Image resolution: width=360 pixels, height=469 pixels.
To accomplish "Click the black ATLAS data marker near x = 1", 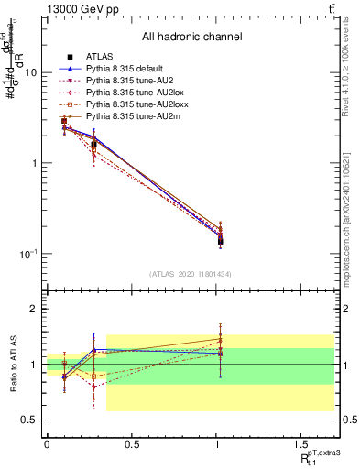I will (221, 241).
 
